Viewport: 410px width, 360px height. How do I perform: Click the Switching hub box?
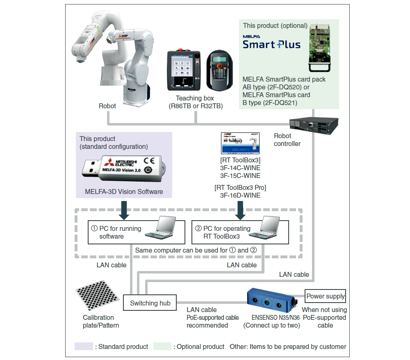(x=150, y=303)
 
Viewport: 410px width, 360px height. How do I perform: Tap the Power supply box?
(x=326, y=296)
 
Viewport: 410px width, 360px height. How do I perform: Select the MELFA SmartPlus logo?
(x=271, y=42)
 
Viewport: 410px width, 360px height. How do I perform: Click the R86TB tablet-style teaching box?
(x=184, y=71)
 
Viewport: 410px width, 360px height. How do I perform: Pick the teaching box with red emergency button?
(x=221, y=71)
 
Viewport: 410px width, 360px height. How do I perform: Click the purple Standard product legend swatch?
(x=84, y=346)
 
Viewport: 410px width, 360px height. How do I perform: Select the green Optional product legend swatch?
(x=162, y=346)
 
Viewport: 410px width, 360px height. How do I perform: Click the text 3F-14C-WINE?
(x=240, y=168)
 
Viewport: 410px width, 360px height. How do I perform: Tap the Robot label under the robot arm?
(x=107, y=106)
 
